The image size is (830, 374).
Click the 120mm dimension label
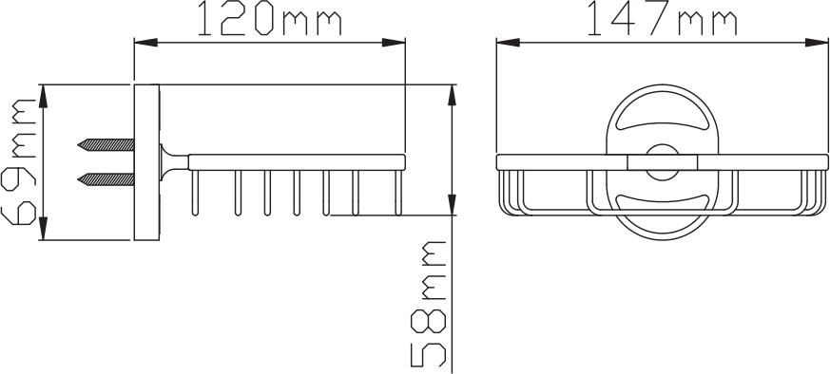[x=270, y=18]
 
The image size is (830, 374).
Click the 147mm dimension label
[x=663, y=18]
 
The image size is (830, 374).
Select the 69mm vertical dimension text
[x=18, y=161]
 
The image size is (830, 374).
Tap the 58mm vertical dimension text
[x=428, y=304]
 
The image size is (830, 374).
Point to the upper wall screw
[x=106, y=144]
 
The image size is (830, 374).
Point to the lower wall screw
[x=106, y=179]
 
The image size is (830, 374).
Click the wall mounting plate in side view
[x=146, y=162]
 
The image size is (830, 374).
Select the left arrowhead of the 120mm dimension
[x=145, y=43]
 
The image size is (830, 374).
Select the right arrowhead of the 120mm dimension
[x=394, y=43]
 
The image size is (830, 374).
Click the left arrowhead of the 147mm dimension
[x=508, y=43]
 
